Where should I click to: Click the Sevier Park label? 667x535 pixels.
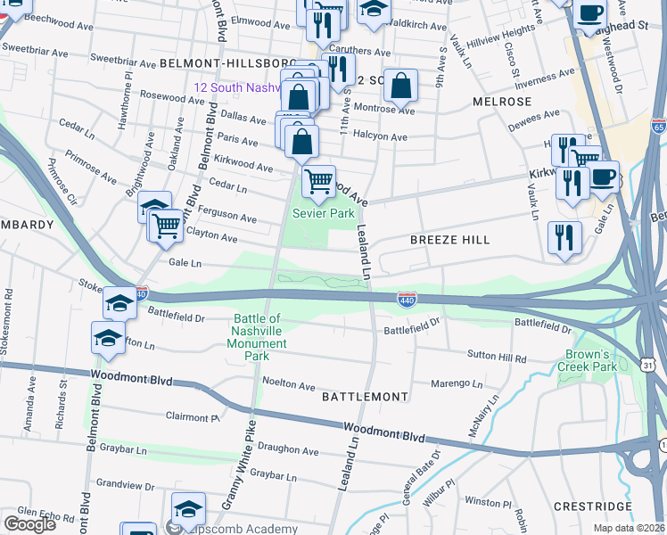coord(325,214)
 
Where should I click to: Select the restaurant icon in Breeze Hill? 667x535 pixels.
coord(564,236)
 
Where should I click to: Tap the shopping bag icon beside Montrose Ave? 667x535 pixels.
coord(402,86)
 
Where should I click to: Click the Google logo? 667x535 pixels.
coord(29,524)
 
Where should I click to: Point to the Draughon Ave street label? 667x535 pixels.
coord(290,452)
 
